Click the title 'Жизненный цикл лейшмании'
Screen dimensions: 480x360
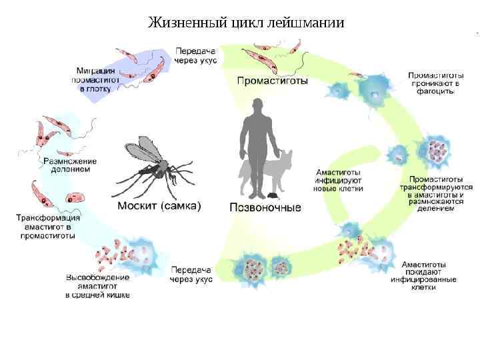[246, 23]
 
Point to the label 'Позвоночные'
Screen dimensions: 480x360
[265, 207]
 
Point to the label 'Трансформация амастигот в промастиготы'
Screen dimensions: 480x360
[48, 226]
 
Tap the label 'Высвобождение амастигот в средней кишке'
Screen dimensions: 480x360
[97, 285]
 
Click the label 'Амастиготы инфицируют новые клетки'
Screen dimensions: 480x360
[339, 180]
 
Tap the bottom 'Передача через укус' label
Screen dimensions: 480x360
[191, 275]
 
